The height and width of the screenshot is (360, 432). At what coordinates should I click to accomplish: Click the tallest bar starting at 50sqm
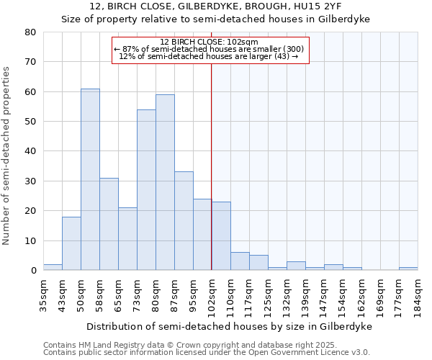pos(90,179)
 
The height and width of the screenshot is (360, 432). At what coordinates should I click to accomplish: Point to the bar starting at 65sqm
pos(127,238)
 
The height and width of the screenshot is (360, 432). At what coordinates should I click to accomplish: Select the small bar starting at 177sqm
pos(408,269)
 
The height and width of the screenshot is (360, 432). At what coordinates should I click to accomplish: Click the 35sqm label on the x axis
pos(44,294)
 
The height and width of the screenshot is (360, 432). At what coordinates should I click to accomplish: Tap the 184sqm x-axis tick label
pos(418,296)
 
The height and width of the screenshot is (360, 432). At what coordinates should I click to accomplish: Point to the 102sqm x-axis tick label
pos(212,296)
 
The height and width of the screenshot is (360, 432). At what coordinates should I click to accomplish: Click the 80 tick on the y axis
pos(30,32)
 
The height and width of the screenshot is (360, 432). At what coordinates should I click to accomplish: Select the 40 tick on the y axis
pos(30,151)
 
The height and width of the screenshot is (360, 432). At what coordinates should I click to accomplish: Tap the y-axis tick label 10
pos(30,240)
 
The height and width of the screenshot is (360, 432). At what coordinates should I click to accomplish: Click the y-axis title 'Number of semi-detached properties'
pos(6,155)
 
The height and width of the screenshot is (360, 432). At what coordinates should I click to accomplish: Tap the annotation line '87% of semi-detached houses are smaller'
pos(209,49)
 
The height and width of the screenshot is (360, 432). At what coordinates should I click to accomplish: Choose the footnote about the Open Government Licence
pos(206,352)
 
